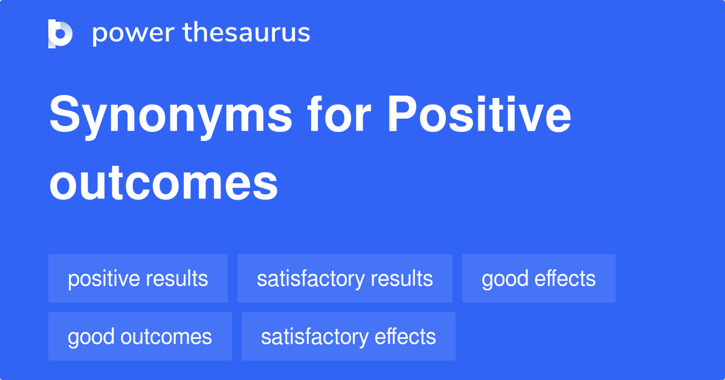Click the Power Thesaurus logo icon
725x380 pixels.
point(60,33)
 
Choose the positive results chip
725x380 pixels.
point(138,278)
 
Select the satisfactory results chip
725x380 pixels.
point(344,278)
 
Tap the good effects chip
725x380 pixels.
point(538,278)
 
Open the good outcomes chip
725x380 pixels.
point(140,336)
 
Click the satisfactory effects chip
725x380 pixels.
point(348,336)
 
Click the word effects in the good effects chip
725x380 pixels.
point(566,278)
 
